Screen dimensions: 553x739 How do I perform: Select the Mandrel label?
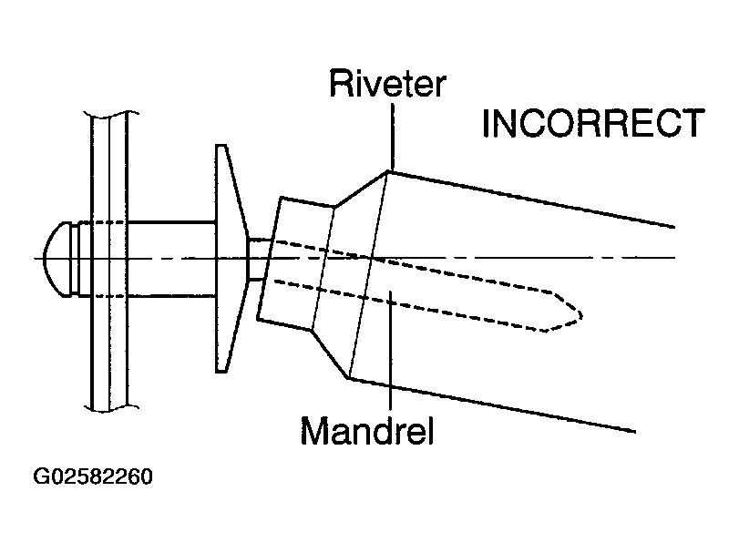click(367, 430)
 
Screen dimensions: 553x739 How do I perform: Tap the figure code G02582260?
click(93, 476)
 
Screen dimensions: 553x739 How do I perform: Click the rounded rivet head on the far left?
click(56, 259)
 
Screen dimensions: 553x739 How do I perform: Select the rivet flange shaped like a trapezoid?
click(230, 258)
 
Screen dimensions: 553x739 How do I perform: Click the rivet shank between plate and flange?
click(169, 258)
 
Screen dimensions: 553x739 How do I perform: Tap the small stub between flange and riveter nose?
click(258, 259)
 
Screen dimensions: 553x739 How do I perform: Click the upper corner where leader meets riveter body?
click(391, 170)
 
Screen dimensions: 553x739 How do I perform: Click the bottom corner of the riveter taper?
click(350, 377)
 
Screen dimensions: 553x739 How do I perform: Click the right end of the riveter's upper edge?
click(672, 225)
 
